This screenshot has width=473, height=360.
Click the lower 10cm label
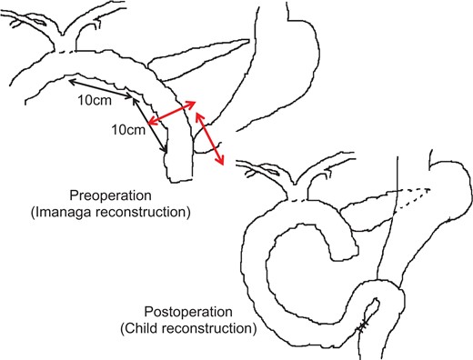127,132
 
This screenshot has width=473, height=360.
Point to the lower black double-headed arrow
152,125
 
